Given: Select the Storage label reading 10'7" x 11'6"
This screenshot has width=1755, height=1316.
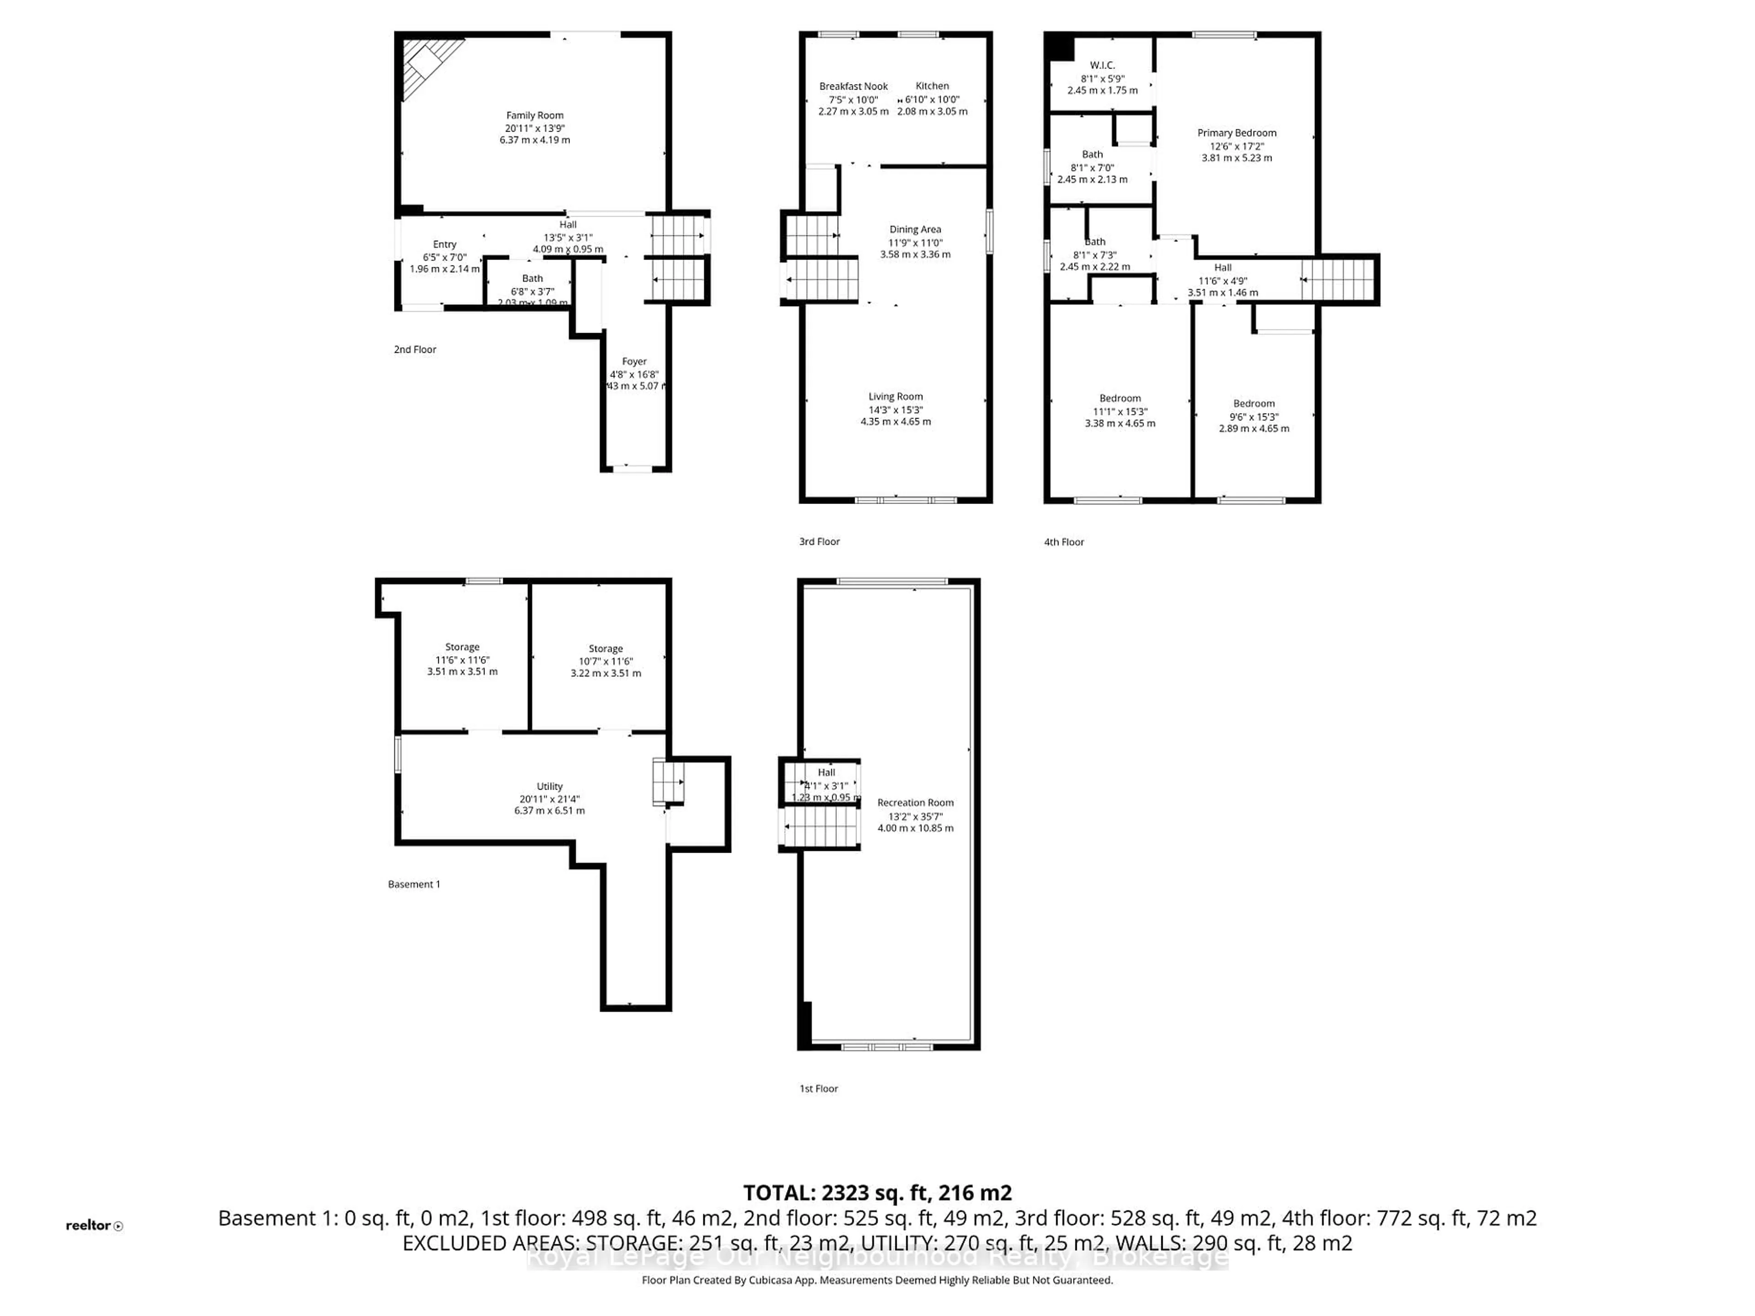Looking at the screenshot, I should (606, 649).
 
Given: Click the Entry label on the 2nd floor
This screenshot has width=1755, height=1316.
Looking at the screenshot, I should (444, 244).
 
